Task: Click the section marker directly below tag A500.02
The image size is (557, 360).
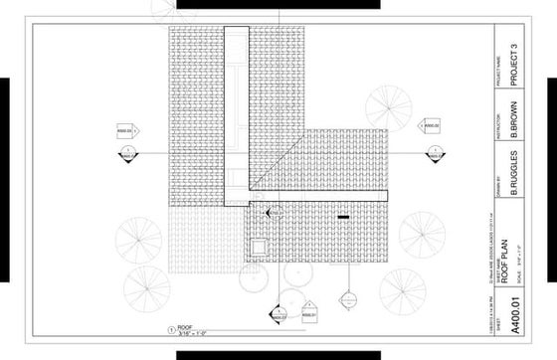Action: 435,153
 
